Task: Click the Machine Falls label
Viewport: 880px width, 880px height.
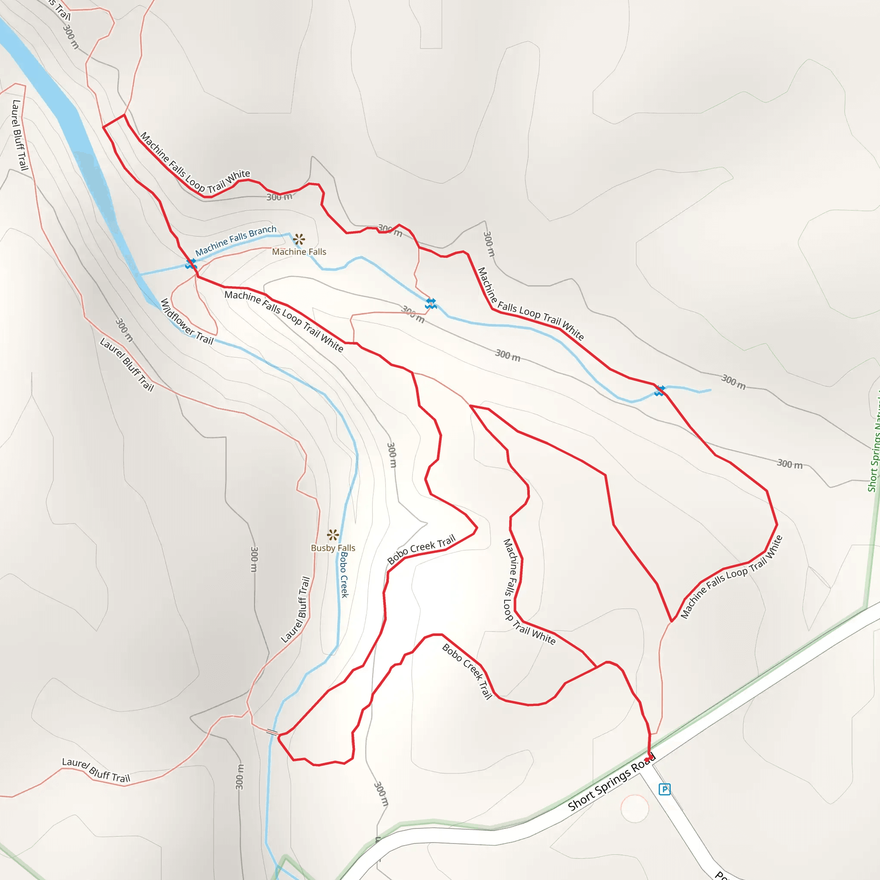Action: [x=299, y=252]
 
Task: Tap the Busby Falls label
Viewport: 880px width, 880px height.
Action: [x=333, y=548]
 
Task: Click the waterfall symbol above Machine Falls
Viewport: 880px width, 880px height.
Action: [x=299, y=239]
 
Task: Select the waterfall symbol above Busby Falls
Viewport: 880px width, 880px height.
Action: [x=333, y=535]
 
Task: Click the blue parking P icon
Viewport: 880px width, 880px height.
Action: [x=665, y=789]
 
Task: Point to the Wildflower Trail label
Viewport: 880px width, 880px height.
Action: [x=187, y=321]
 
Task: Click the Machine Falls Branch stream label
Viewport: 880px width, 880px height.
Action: [x=236, y=241]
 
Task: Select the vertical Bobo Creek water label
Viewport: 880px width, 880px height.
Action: [x=344, y=575]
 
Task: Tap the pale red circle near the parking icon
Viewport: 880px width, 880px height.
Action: [x=635, y=808]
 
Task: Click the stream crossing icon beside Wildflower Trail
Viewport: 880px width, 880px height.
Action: [x=191, y=264]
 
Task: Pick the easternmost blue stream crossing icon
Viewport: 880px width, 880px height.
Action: [x=660, y=390]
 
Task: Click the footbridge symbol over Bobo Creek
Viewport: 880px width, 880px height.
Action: [x=272, y=732]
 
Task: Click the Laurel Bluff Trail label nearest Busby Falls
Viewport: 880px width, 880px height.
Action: [x=296, y=610]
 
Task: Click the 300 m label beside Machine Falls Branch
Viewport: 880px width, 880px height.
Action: [x=279, y=197]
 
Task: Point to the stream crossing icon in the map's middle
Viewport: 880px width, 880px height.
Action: [x=431, y=304]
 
